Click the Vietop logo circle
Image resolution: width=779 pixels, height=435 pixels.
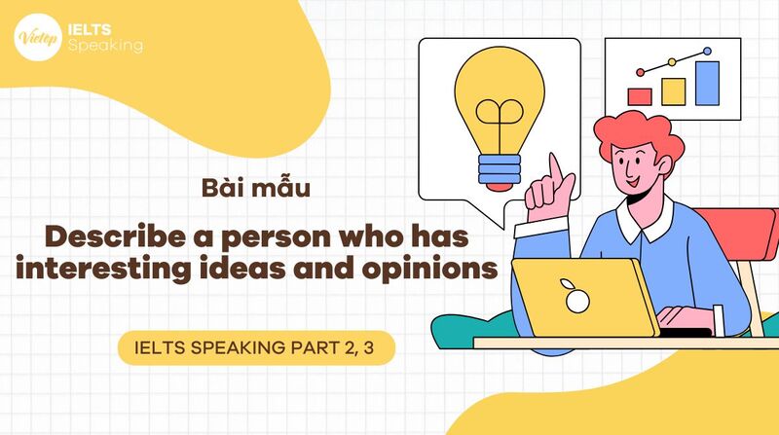click(35, 36)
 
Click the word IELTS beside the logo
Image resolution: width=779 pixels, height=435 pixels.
click(91, 27)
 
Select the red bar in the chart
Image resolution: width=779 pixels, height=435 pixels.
click(640, 96)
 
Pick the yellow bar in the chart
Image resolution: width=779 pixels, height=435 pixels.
click(673, 91)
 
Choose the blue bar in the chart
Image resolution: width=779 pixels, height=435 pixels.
click(707, 83)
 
